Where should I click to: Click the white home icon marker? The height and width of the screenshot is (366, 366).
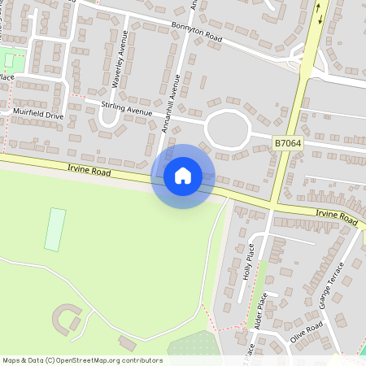(183, 176)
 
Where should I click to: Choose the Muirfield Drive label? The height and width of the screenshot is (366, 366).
(37, 115)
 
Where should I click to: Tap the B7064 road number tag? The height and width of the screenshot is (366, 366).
(286, 143)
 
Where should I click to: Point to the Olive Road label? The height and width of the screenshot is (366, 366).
(307, 330)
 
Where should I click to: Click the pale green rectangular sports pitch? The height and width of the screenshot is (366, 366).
(55, 229)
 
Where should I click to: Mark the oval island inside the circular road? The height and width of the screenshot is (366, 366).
(227, 128)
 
